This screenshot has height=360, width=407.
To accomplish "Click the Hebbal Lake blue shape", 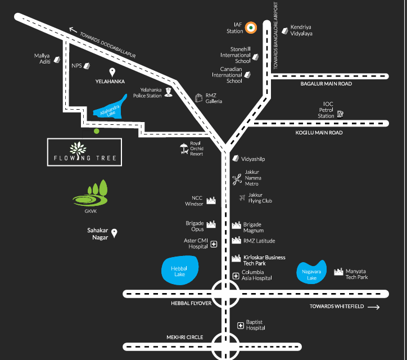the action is [x=180, y=270].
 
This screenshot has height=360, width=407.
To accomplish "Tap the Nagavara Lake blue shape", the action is [x=311, y=273].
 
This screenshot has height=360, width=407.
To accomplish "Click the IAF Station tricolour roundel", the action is [x=251, y=28].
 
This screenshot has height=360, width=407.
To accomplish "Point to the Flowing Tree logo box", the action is [x=85, y=152].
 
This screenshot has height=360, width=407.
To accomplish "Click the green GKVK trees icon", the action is [x=91, y=193].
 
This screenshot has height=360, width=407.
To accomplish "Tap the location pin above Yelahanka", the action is [x=112, y=72].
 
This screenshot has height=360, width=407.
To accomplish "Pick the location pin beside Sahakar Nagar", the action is [x=114, y=233].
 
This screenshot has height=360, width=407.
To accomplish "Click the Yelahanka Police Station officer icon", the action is [x=169, y=92].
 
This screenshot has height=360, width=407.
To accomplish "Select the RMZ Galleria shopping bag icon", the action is [x=199, y=98].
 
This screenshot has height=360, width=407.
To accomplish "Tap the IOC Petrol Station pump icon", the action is [x=340, y=114].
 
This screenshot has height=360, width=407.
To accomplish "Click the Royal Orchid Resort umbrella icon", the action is [x=184, y=148].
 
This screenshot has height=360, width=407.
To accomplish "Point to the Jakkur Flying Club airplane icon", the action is [x=242, y=197].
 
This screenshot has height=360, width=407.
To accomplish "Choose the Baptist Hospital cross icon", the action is [x=241, y=326].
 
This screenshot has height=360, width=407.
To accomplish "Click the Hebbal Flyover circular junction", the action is [x=225, y=294].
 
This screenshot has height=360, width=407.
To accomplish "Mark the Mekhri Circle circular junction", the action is [x=225, y=346].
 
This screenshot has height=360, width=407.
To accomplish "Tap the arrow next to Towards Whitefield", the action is [x=374, y=307].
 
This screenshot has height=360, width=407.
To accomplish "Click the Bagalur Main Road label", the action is [x=326, y=84].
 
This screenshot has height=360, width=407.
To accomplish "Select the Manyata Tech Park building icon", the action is [x=338, y=272].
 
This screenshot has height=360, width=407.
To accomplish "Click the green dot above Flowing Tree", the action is [x=97, y=131].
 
